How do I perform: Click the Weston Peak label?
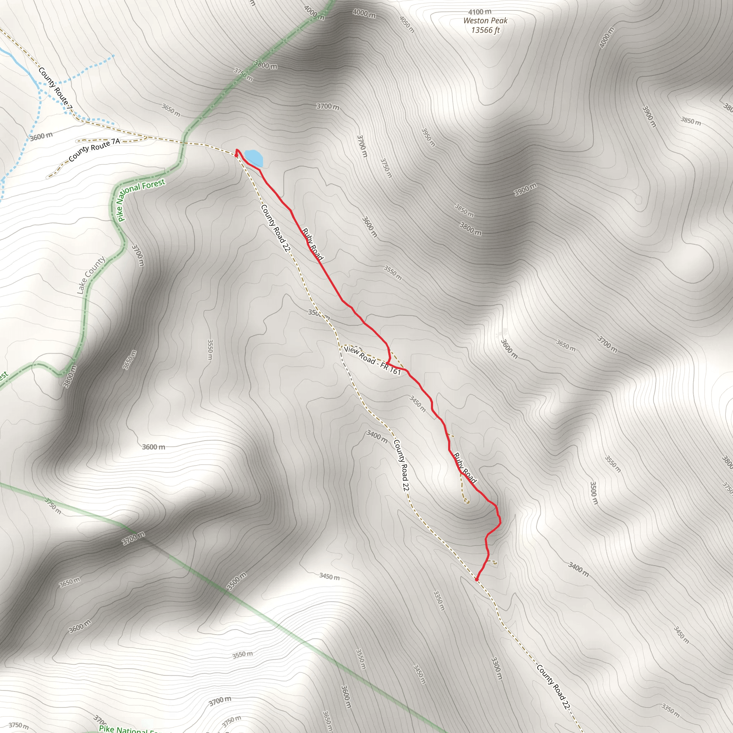point(485,21)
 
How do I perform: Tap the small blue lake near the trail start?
point(253,157)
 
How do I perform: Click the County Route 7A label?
point(94,150)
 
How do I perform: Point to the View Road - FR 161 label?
point(372,360)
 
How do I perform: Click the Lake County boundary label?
point(91,276)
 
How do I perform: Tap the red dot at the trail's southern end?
point(476,579)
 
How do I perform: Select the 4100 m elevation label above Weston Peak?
point(480,12)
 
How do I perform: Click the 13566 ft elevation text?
point(486,30)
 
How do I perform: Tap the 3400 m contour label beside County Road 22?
point(377,436)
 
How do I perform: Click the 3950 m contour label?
point(428,137)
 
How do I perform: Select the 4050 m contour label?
point(407,24)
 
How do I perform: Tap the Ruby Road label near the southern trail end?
point(465,468)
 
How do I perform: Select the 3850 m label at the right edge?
point(690,121)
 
